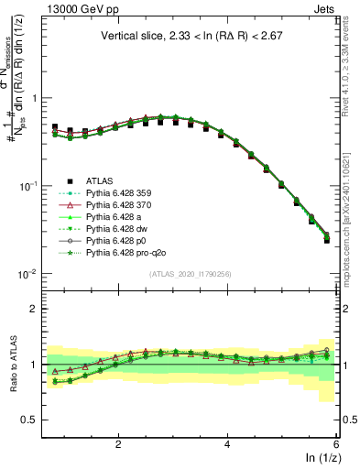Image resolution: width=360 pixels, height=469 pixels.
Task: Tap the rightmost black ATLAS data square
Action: coord(327,241)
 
